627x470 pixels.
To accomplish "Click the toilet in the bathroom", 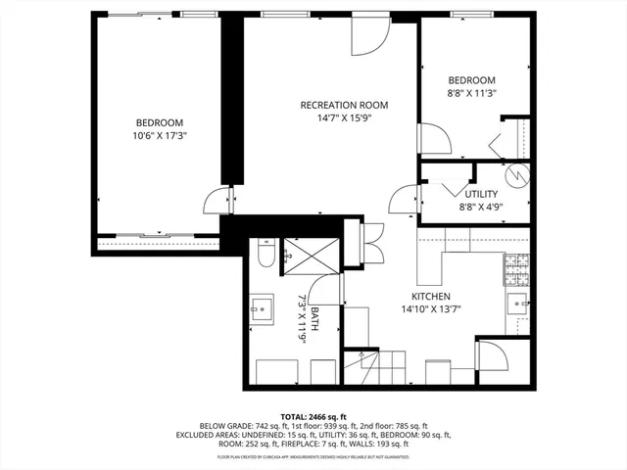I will coord(265,256).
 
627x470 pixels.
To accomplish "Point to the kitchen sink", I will coord(518,303).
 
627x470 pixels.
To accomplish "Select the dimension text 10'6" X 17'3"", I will coord(160,136).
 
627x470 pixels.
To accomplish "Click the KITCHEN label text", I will coord(430,296).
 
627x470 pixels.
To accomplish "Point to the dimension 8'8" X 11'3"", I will coord(471,93).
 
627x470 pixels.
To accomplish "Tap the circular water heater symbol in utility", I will coord(519,178).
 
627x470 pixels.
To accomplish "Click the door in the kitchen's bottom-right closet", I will coord(491,356).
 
